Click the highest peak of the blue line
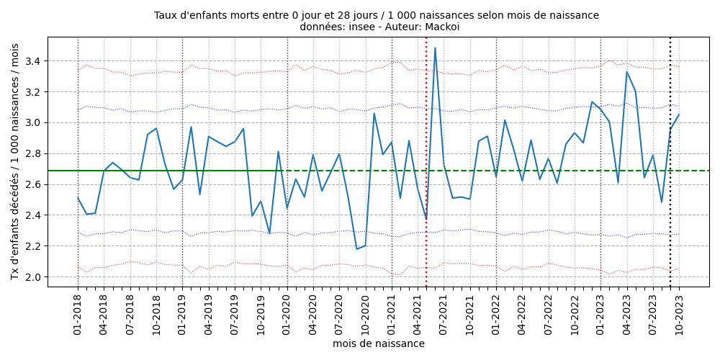[x=435, y=48]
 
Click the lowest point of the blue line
[x=356, y=249]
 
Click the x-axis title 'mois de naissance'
[x=378, y=344]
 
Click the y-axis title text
[x=15, y=161]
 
